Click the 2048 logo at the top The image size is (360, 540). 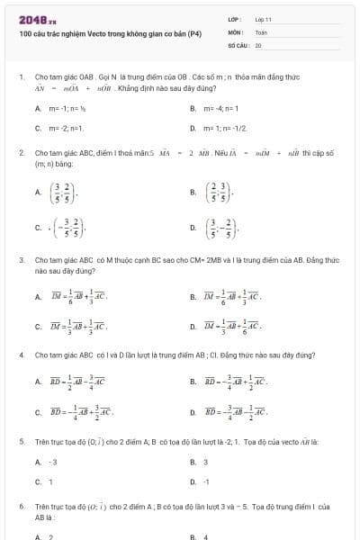tap(38, 19)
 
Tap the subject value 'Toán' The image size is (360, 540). tap(261, 31)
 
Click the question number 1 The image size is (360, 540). tap(21, 78)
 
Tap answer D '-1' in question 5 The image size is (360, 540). tap(206, 481)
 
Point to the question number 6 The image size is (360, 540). tap(21, 508)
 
